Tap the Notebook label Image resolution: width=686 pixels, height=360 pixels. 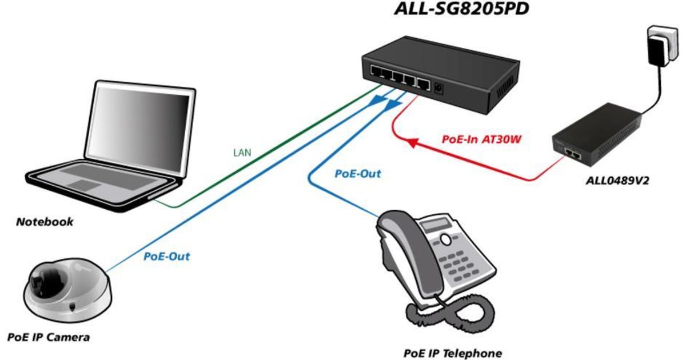pyautogui.click(x=45, y=222)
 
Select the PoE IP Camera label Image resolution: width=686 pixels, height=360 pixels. pyautogui.click(x=49, y=337)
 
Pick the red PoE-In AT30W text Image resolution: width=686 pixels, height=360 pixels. pyautogui.click(x=482, y=139)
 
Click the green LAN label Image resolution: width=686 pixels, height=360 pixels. pyautogui.click(x=242, y=153)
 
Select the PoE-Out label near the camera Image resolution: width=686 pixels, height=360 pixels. pyautogui.click(x=166, y=256)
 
